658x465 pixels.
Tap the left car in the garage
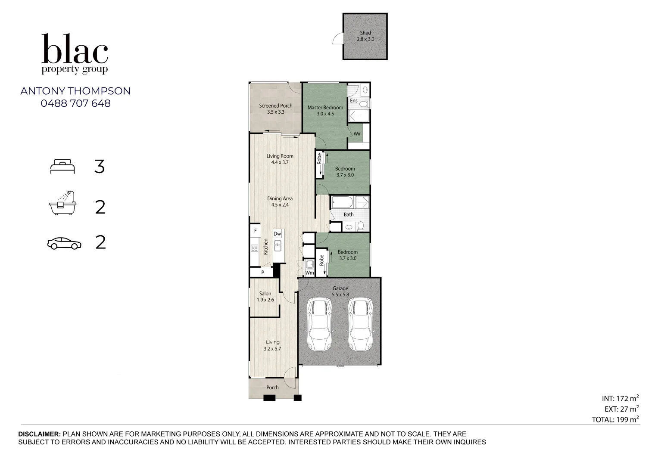click(x=319, y=325)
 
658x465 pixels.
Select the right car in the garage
click(x=360, y=325)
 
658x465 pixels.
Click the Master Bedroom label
click(x=325, y=108)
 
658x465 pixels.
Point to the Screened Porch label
click(x=275, y=105)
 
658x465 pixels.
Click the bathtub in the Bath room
click(x=342, y=202)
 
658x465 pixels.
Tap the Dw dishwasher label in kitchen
click(x=277, y=234)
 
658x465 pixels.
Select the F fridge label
click(x=255, y=231)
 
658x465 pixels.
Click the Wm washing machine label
click(x=309, y=273)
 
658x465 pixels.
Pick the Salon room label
click(x=265, y=294)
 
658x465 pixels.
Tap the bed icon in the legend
click(x=62, y=166)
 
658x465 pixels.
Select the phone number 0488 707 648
click(x=75, y=103)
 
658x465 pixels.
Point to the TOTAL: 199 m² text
click(x=615, y=419)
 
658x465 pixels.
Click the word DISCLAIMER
click(x=39, y=434)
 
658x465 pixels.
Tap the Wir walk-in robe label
click(x=357, y=133)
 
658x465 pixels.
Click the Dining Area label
click(x=280, y=198)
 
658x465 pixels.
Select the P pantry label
click(x=262, y=273)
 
